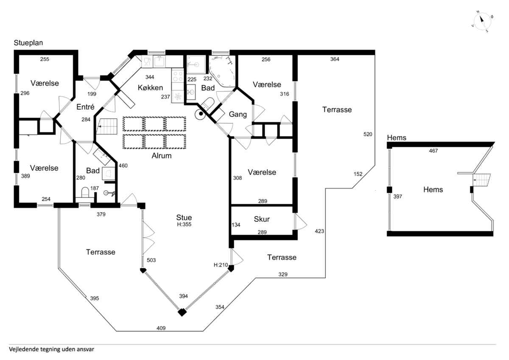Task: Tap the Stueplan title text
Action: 28,43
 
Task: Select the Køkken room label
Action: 151,87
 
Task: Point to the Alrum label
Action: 162,156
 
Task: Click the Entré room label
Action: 85,107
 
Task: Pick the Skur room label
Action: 262,219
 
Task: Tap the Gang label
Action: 238,114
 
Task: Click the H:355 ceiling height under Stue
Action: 184,225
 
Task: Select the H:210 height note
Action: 221,265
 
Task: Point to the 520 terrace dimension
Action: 368,134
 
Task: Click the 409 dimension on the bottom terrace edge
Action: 161,328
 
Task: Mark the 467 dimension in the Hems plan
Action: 433,151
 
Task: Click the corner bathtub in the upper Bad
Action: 222,71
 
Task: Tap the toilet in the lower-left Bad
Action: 85,192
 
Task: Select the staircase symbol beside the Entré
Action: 107,127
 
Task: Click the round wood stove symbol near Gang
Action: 201,114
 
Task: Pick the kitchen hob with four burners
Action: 178,76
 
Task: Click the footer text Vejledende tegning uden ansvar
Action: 52,349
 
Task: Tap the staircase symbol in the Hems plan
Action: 481,180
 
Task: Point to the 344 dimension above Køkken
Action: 150,77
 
